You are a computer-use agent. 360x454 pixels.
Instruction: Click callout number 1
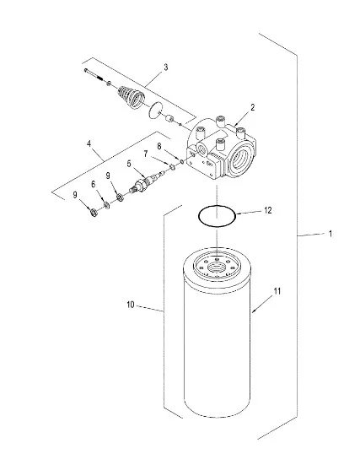(x=330, y=234)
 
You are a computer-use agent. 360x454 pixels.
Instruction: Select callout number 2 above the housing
(x=253, y=108)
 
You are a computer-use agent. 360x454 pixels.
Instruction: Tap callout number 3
(x=165, y=68)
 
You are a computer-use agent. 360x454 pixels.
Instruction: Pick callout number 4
(x=89, y=143)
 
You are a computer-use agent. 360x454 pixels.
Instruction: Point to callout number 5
(x=129, y=164)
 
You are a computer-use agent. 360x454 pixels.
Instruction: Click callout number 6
(x=94, y=184)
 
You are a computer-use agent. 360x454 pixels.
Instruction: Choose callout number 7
(x=146, y=154)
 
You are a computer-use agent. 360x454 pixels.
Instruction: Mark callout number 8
(x=159, y=146)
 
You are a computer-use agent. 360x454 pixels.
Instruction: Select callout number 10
(x=131, y=305)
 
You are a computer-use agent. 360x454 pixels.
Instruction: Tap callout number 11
(x=277, y=291)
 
